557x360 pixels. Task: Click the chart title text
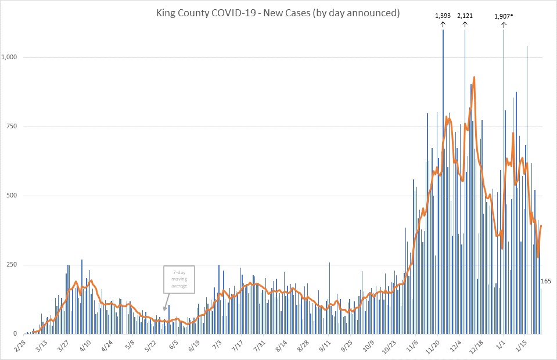(x=278, y=13)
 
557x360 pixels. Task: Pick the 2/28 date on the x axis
(x=19, y=346)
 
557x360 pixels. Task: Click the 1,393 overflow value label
(x=443, y=16)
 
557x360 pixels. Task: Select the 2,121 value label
(x=465, y=16)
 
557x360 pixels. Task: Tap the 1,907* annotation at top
(x=503, y=16)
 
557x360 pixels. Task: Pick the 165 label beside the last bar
(x=546, y=282)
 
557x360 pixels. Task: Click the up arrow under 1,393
(x=443, y=24)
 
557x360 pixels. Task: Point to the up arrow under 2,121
(x=465, y=24)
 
